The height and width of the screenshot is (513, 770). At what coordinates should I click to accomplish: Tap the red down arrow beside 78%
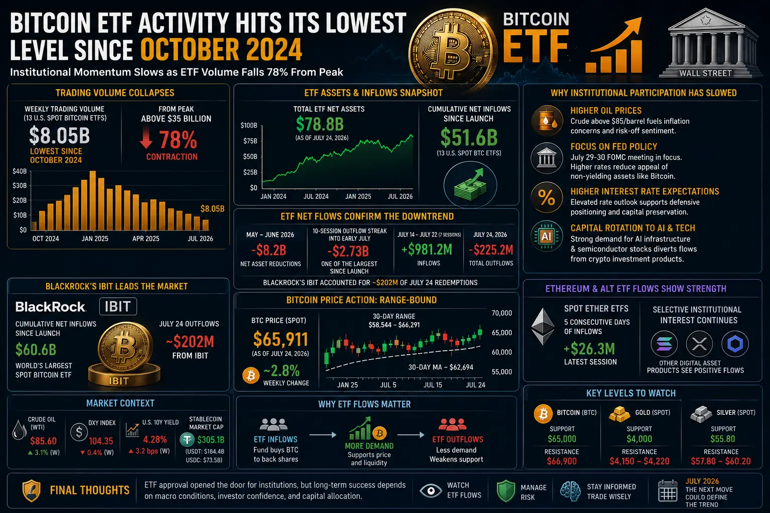point(146,137)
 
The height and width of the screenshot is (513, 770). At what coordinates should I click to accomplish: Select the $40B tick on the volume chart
point(19,171)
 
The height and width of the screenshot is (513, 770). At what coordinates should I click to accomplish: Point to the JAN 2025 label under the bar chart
point(95,238)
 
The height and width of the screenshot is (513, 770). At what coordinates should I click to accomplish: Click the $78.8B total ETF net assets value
point(320,124)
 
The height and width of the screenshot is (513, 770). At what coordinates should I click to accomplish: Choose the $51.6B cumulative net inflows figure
point(469,137)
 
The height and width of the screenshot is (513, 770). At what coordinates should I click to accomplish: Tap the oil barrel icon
point(547,121)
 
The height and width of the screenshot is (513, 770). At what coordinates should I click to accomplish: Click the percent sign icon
point(546,197)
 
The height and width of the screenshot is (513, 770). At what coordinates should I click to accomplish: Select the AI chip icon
point(546,236)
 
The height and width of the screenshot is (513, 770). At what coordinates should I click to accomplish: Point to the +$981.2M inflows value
point(427,250)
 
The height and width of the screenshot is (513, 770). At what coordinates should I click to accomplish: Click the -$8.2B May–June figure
point(269,250)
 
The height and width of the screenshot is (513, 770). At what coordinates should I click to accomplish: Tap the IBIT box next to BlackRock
point(118,306)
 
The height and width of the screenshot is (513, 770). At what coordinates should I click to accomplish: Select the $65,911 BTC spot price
point(281,340)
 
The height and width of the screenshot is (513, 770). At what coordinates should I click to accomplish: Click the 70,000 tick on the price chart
point(501,313)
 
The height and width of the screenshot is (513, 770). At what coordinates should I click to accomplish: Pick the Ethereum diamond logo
point(543,327)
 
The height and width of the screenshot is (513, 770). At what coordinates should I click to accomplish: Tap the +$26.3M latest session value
point(590,349)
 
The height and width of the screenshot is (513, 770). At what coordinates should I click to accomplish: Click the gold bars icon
point(619,414)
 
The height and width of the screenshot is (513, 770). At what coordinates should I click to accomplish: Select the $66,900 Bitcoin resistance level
point(561,461)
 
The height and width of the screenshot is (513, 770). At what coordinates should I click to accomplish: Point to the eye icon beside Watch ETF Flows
point(431,490)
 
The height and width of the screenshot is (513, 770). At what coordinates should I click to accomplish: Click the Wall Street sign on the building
point(705,73)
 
